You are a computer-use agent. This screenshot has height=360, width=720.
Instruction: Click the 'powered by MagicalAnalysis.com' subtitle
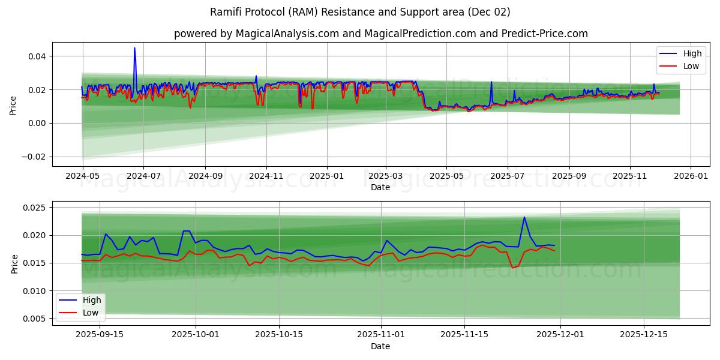tap(380, 34)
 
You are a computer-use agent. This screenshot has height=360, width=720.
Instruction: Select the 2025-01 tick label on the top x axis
tap(326, 176)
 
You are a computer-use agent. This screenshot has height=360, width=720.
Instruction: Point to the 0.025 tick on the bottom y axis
tap(34, 208)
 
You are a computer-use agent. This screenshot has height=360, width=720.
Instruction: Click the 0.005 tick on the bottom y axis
tap(34, 319)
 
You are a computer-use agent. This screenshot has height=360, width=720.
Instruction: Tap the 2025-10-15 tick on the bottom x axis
tap(279, 335)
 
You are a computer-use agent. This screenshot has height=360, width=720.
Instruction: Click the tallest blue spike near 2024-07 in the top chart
tap(134, 48)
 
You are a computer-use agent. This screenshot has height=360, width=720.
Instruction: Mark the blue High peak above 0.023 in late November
tap(524, 217)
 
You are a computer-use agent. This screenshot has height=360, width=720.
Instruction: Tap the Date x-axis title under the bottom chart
tap(380, 346)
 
